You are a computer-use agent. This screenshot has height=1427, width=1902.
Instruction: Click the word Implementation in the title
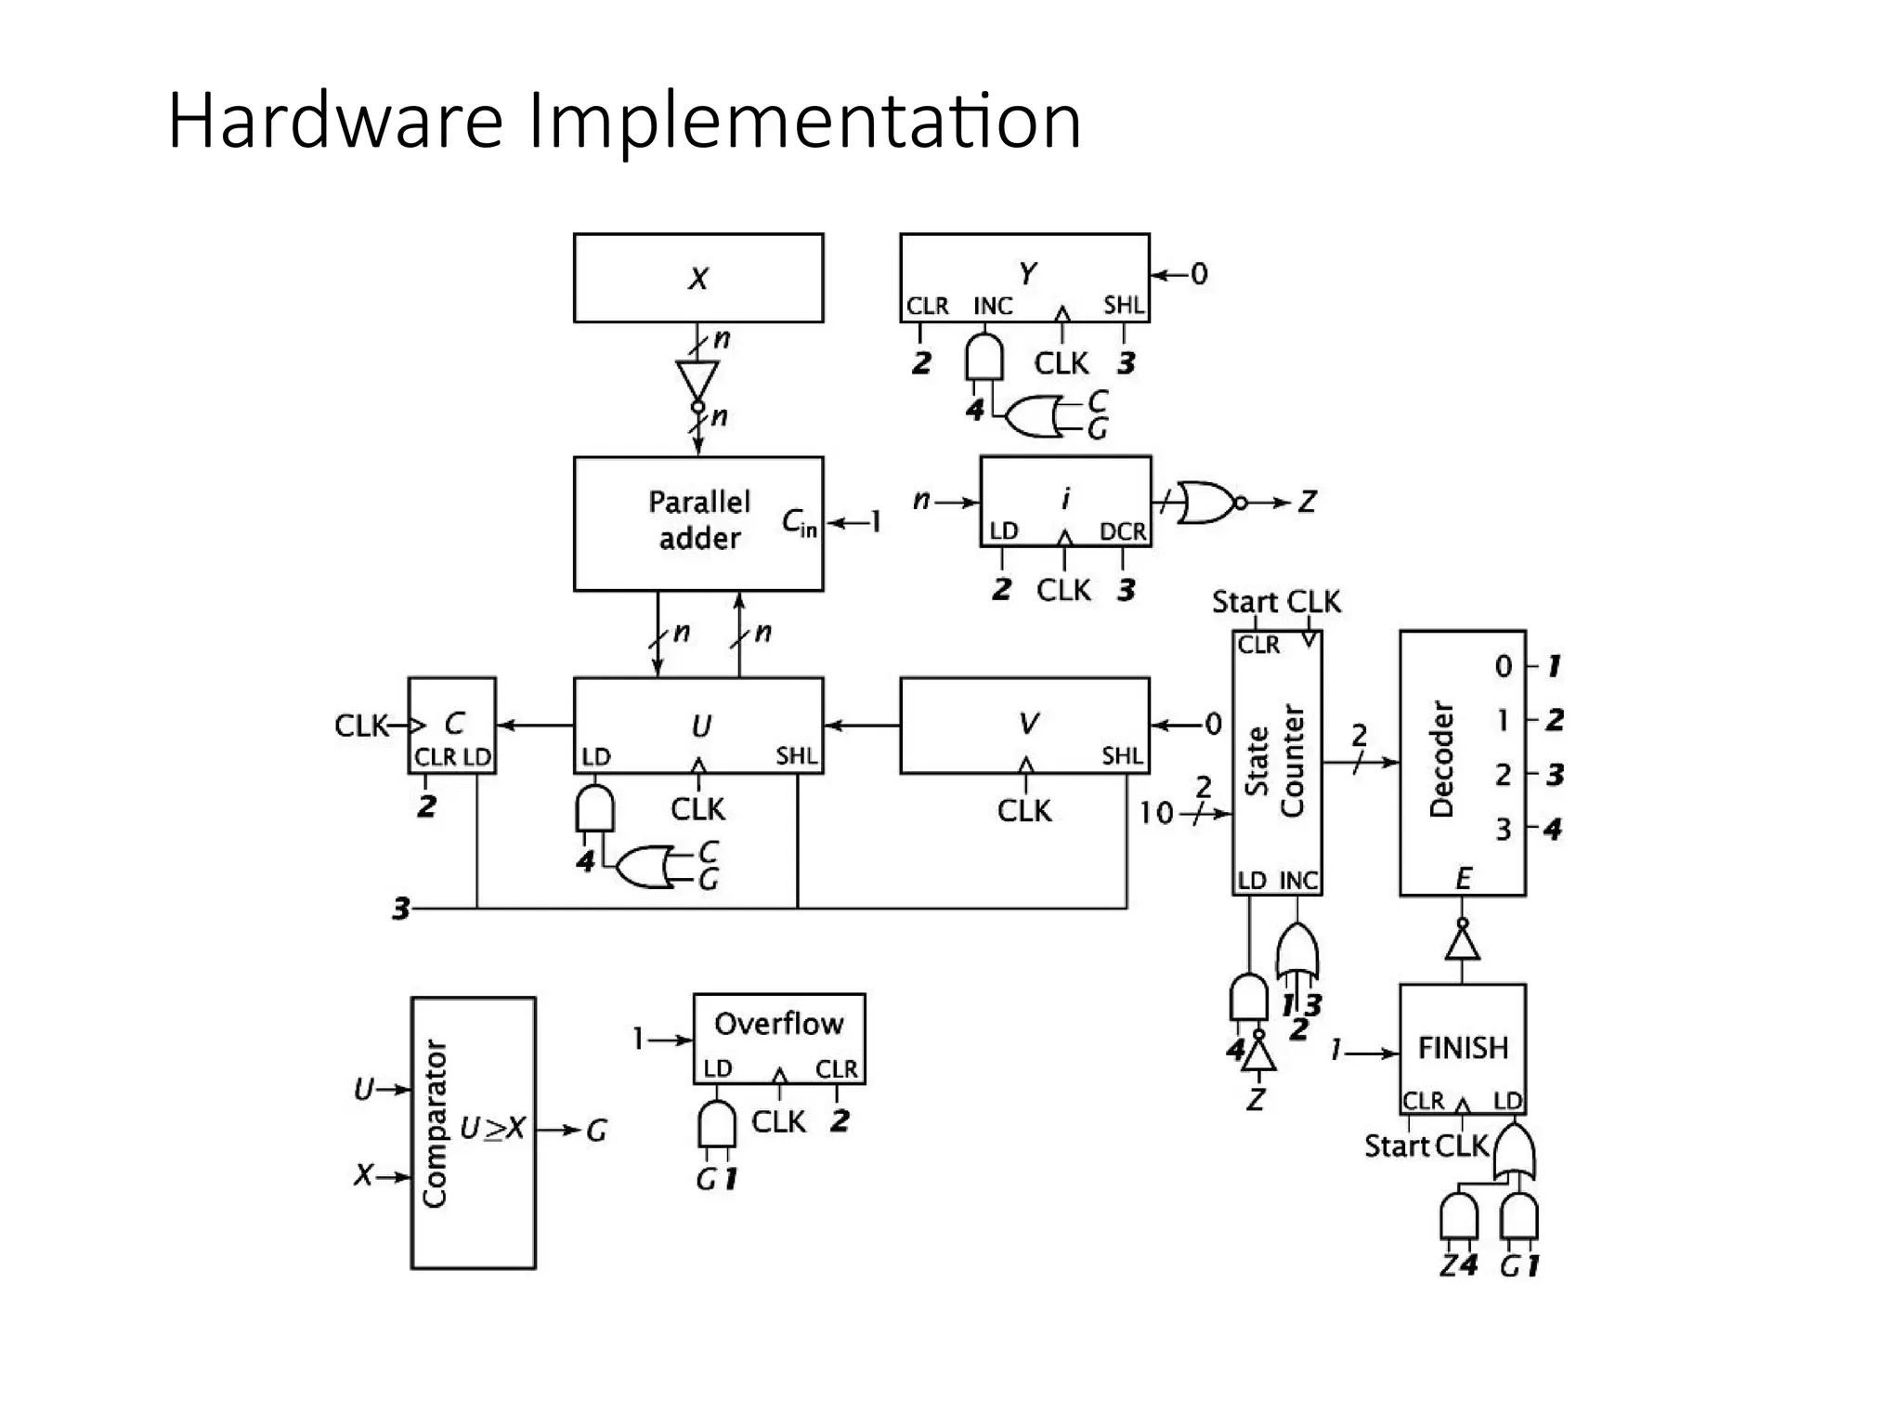804,121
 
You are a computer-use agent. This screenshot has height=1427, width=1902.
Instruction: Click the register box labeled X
698,278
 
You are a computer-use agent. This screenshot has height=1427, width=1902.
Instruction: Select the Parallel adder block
698,522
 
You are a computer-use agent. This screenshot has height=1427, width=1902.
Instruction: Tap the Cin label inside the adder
799,523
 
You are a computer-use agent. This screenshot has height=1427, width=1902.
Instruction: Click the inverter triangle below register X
697,380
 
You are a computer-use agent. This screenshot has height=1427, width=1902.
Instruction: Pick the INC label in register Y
992,306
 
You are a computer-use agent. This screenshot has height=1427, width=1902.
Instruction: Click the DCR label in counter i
1122,531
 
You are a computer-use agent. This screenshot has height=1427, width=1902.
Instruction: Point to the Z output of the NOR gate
1307,503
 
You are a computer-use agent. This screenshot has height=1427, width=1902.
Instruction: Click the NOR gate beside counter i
1207,503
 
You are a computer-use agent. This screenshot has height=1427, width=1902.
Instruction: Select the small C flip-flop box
452,725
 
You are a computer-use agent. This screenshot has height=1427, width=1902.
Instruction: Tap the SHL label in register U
797,756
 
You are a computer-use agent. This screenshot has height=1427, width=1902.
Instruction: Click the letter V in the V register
1028,723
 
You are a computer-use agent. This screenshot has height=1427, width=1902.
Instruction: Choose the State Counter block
1277,762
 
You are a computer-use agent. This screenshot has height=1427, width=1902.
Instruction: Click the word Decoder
1440,759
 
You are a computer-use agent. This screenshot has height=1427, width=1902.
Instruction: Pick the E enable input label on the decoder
1463,878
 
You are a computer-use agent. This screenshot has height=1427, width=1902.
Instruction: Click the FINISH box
1463,1048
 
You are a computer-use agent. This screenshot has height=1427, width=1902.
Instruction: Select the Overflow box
779,1037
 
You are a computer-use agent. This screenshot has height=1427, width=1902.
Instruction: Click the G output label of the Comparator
596,1131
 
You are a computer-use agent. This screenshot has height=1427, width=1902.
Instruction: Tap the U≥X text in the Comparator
492,1129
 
